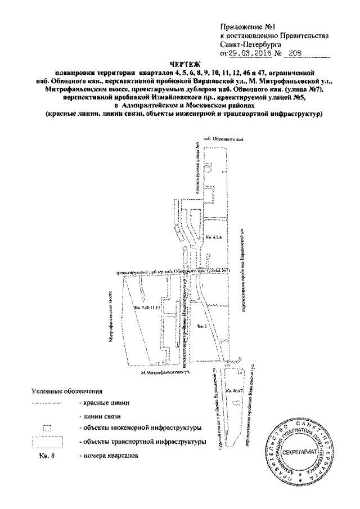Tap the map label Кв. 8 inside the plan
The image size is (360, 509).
click(x=204, y=326)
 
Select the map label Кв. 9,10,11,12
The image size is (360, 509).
click(x=147, y=308)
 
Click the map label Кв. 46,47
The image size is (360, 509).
click(x=233, y=391)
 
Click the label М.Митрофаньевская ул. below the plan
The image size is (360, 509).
click(x=163, y=372)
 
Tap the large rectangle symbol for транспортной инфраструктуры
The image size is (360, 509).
click(x=47, y=442)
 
